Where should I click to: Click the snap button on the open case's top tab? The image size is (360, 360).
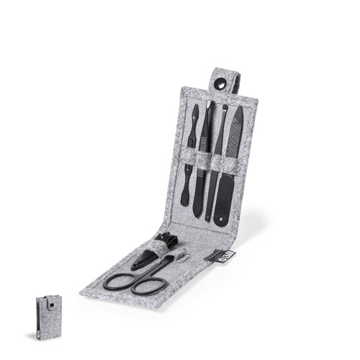pyautogui.click(x=219, y=84)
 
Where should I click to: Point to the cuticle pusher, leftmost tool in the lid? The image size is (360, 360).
pyautogui.click(x=192, y=137)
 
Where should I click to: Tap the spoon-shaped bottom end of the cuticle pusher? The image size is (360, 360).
pyautogui.click(x=185, y=197)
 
